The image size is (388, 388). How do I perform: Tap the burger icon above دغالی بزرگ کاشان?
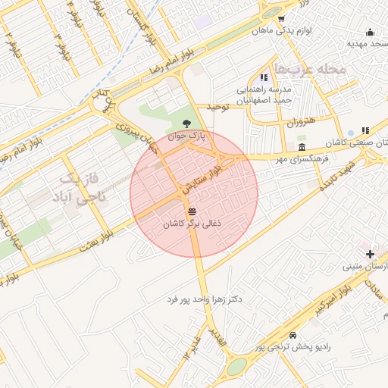[192, 211]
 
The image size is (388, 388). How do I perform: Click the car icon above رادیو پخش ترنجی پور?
[293, 335]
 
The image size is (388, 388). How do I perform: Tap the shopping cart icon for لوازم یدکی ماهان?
[281, 20]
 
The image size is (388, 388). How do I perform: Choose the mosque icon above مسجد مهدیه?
[370, 32]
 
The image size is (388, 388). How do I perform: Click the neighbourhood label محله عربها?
[311, 69]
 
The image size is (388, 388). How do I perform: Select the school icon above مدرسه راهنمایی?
[264, 77]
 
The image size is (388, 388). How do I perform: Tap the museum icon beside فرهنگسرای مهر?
[302, 146]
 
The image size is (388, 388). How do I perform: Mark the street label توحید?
[218, 107]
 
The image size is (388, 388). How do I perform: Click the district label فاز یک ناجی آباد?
[82, 189]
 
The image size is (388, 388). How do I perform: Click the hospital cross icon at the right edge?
[370, 253]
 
